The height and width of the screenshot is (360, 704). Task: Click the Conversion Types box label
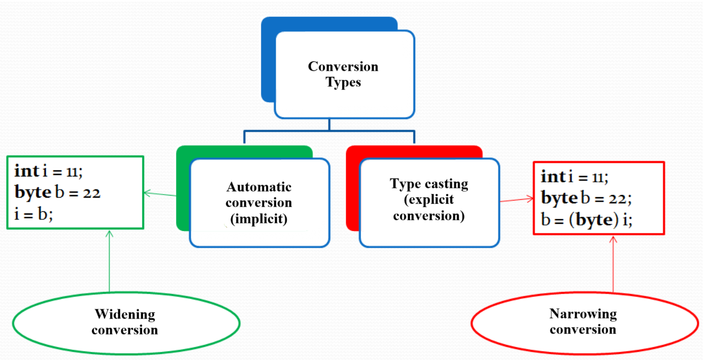click(343, 75)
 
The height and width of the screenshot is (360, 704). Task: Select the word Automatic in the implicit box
click(259, 187)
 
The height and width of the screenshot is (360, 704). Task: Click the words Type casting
click(429, 184)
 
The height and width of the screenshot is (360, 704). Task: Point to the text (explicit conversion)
click(429, 208)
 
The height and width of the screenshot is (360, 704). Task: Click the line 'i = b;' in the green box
click(33, 214)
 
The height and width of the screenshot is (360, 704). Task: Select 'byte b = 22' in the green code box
click(57, 192)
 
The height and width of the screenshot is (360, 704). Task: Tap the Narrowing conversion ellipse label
click(582, 321)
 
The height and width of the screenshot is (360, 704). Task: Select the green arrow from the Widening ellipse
click(109, 261)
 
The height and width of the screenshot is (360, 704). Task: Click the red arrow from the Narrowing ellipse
click(614, 264)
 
